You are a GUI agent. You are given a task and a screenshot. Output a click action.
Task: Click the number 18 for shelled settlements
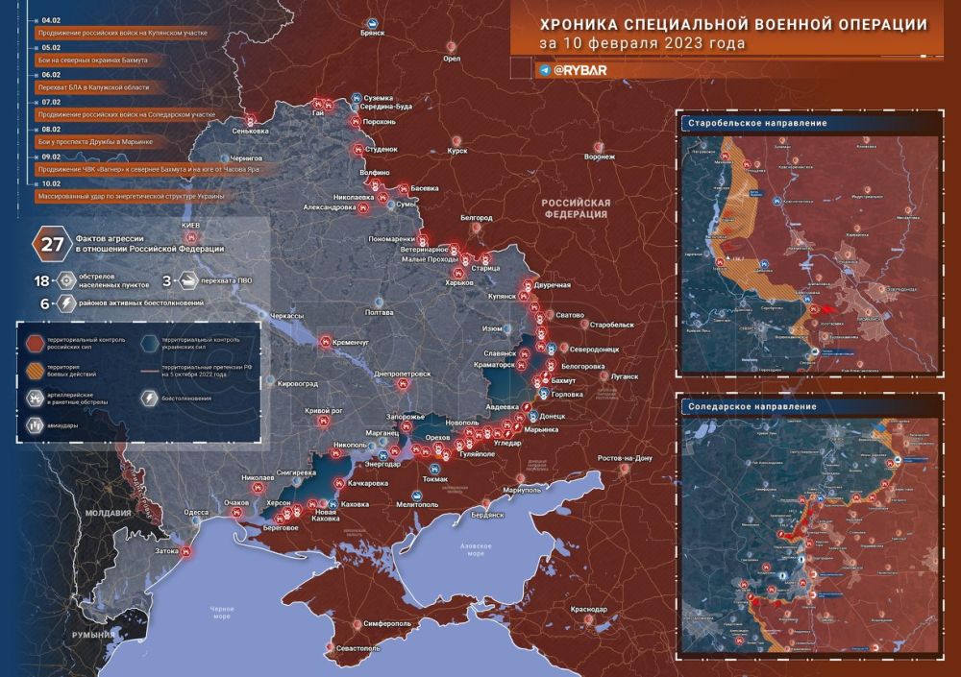click(42, 280)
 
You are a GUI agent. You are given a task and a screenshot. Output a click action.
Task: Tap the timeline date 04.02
click(52, 19)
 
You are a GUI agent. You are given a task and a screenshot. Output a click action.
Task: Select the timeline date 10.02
click(52, 182)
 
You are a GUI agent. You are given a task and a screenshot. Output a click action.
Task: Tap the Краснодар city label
click(587, 610)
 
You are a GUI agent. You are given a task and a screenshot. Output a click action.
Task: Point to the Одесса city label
click(196, 513)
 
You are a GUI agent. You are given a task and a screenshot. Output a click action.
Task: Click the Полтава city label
click(380, 313)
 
